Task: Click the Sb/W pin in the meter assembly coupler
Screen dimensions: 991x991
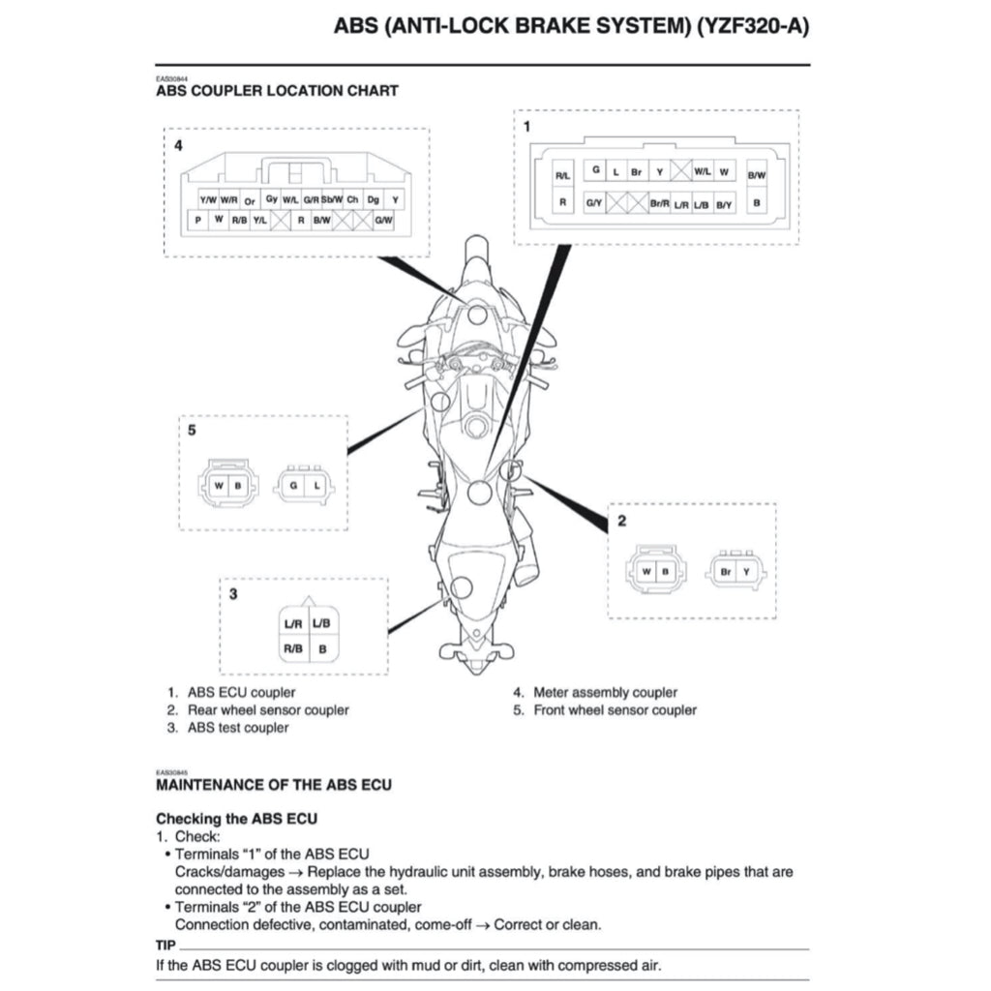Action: [331, 199]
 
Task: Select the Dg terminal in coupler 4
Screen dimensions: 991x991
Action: [374, 199]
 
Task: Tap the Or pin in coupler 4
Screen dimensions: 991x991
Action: [249, 201]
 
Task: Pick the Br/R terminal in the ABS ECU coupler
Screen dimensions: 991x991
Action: [660, 203]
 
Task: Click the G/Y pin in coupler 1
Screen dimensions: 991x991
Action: [594, 203]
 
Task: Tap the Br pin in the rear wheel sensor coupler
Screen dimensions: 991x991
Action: [726, 572]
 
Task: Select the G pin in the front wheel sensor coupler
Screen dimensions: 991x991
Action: [292, 484]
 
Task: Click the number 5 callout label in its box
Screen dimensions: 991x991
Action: [192, 431]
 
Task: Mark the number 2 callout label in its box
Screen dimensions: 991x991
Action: [621, 521]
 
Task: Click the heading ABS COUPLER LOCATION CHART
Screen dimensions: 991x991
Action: [277, 91]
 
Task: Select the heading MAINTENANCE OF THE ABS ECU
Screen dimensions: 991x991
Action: [274, 785]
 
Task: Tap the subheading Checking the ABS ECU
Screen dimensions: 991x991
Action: [236, 819]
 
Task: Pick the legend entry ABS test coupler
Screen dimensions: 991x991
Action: [237, 728]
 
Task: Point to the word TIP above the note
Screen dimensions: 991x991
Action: [165, 945]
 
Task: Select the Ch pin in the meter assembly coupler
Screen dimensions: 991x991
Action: [352, 199]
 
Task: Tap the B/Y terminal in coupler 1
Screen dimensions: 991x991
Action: [725, 203]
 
